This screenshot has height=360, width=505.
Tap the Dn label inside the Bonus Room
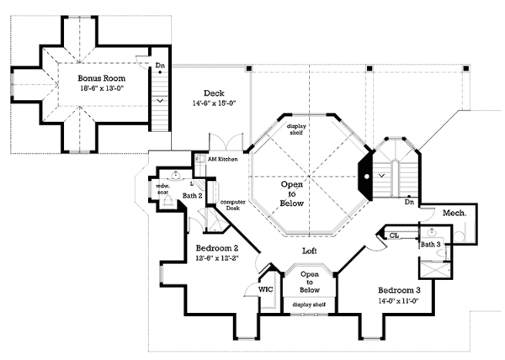(x=160, y=64)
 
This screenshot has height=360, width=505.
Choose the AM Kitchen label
(x=215, y=158)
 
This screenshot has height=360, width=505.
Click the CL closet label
(x=394, y=236)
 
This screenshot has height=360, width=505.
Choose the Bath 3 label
(x=430, y=245)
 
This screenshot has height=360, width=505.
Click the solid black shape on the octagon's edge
(x=366, y=172)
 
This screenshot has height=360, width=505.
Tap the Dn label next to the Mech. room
(x=407, y=202)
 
